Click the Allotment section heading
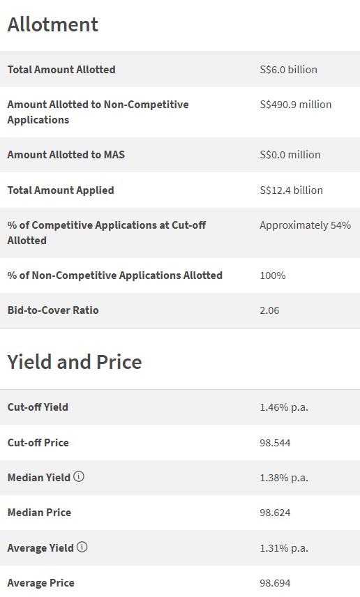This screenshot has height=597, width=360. pyautogui.click(x=53, y=25)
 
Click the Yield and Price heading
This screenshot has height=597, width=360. pyautogui.click(x=75, y=362)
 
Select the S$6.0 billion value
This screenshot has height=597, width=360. pyautogui.click(x=288, y=70)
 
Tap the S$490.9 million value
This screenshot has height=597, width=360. pyautogui.click(x=295, y=105)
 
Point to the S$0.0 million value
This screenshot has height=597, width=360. pyautogui.click(x=290, y=155)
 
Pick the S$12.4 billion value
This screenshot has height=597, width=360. pyautogui.click(x=291, y=190)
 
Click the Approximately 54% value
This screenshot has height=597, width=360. pyautogui.click(x=305, y=225)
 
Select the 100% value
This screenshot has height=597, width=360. pyautogui.click(x=273, y=275)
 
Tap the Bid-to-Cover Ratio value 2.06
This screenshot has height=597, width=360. pyautogui.click(x=269, y=310)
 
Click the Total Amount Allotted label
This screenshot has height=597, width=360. pyautogui.click(x=61, y=70)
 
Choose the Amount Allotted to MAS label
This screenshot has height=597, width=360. pyautogui.click(x=66, y=155)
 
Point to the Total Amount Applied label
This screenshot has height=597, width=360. pyautogui.click(x=61, y=190)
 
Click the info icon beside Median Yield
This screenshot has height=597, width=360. pyautogui.click(x=79, y=477)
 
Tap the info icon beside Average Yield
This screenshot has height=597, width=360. pyautogui.click(x=82, y=547)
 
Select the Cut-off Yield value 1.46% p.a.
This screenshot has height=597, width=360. pyautogui.click(x=284, y=407)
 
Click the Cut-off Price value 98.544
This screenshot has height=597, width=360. pyautogui.click(x=275, y=443)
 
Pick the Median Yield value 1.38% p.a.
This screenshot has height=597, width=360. pyautogui.click(x=284, y=478)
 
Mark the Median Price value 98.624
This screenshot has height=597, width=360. pyautogui.click(x=275, y=513)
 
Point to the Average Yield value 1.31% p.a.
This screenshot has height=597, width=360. pyautogui.click(x=284, y=548)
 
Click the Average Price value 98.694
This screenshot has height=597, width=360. pyautogui.click(x=275, y=583)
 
